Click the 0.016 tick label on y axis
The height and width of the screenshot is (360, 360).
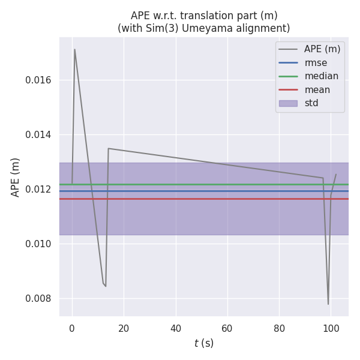coord(38,80)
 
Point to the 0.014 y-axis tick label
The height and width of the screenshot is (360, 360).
coord(38,135)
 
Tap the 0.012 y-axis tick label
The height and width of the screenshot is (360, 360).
coord(38,190)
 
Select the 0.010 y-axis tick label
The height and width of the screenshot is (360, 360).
coord(38,244)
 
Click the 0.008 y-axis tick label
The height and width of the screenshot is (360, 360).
coord(38,299)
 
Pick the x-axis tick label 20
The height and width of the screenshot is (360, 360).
coord(124,328)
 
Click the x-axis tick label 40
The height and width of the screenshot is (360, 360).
coord(176,328)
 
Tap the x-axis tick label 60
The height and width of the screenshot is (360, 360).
coord(227,328)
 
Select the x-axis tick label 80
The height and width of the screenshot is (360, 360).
coord(279,328)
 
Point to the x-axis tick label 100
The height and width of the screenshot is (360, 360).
coord(331,328)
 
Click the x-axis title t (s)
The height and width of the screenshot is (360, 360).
coord(203,343)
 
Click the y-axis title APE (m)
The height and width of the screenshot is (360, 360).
coord(16,177)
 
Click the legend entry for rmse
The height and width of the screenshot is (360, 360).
coord(316,62)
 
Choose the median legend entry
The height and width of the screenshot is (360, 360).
coord(321,76)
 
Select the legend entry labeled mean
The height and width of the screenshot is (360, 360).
coord(317,90)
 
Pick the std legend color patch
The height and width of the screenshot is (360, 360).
coord(288,103)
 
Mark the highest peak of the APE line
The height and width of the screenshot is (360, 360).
coord(74,49)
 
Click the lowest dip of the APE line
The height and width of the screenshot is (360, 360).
coord(328,304)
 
